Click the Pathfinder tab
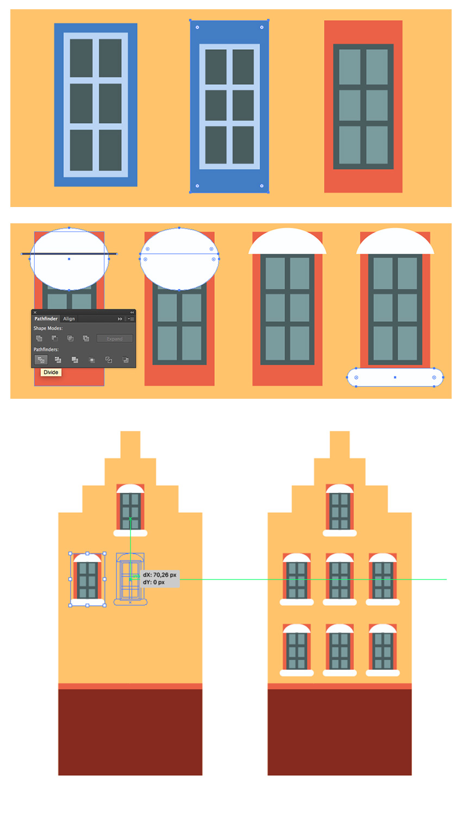(x=46, y=319)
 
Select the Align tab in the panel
(x=69, y=319)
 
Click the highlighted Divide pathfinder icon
(x=41, y=360)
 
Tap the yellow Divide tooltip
(x=51, y=372)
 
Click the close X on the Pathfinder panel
(x=35, y=312)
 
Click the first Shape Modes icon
(x=39, y=338)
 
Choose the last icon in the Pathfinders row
(x=125, y=360)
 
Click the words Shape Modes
(x=48, y=328)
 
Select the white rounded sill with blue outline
(x=395, y=377)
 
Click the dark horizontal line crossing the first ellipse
(x=69, y=254)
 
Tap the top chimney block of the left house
(x=130, y=444)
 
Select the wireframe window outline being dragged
(x=130, y=579)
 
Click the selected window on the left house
(x=88, y=579)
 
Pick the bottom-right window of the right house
(x=383, y=650)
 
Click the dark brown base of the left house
(x=130, y=732)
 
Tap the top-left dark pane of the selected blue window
(x=216, y=67)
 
